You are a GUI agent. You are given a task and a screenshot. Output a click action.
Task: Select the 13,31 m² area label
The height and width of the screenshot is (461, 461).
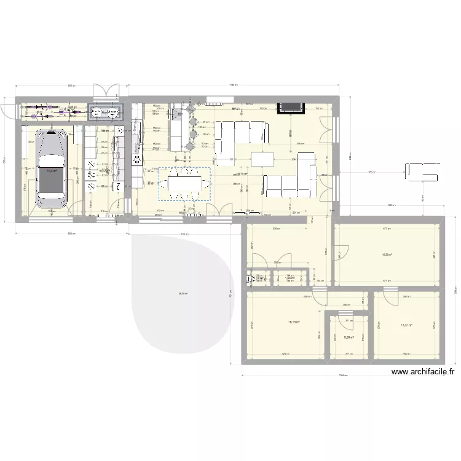(x=406, y=326)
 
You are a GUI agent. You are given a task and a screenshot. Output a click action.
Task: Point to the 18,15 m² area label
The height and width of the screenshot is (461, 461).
(x=293, y=321)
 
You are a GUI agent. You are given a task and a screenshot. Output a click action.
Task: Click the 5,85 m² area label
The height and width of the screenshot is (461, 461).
(x=349, y=337)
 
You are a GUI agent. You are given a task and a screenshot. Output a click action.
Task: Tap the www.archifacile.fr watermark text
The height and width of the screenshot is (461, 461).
(x=423, y=371)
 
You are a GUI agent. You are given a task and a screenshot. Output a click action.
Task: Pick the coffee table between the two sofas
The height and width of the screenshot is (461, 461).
(x=263, y=159)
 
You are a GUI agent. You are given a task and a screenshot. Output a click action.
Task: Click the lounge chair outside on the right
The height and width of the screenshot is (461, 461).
(x=422, y=171)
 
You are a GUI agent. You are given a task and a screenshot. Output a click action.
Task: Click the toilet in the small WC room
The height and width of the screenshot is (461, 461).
(x=253, y=278)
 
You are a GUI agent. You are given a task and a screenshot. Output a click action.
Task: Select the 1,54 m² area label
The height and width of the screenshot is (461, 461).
(x=291, y=278)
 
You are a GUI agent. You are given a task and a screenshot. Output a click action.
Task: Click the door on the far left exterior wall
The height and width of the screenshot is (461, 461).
(x=7, y=108)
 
